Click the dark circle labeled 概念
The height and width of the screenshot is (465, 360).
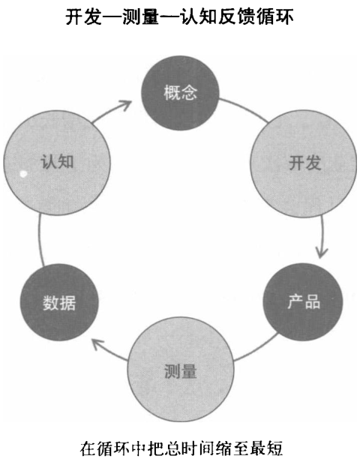pos(180,93)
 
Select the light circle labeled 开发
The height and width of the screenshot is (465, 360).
pos(303,163)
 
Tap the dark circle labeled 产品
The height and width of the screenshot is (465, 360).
pos(303,301)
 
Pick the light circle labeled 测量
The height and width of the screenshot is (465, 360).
pos(181,370)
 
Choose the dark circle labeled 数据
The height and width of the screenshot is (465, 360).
pos(59,302)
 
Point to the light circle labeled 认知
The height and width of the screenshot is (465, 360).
pos(57,162)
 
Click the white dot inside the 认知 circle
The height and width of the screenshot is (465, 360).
pos(23,174)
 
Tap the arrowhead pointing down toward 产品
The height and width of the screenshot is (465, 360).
pos(321,253)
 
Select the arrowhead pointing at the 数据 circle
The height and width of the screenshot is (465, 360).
pos(97,344)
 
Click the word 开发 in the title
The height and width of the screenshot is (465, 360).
pos(82,16)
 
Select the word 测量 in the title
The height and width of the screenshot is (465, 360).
pos(140,16)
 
